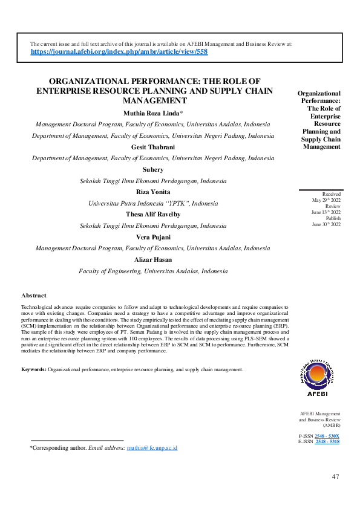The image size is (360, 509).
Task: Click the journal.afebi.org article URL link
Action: click(x=119, y=53)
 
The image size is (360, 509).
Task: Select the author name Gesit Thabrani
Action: click(x=153, y=148)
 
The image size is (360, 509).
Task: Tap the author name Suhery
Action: click(x=153, y=170)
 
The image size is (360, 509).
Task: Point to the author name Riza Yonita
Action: click(x=153, y=192)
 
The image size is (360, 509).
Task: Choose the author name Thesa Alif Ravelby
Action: click(x=153, y=215)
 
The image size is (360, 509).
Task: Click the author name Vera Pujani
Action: click(x=153, y=237)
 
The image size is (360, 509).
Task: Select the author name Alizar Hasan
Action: click(x=153, y=259)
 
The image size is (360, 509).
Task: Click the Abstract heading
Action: click(x=34, y=295)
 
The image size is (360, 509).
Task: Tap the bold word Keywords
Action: click(x=34, y=369)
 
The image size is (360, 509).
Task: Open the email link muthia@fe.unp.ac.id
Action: click(x=152, y=448)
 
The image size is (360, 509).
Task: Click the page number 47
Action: click(x=336, y=477)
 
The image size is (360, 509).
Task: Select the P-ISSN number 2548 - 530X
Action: click(x=327, y=436)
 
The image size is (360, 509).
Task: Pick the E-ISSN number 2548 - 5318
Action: click(x=327, y=442)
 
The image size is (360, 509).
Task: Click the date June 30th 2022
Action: click(x=326, y=224)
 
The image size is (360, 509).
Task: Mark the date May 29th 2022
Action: click(x=326, y=200)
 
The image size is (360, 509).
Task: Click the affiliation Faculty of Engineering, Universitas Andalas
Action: click(x=153, y=271)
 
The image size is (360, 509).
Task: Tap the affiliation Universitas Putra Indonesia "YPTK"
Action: click(x=153, y=204)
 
